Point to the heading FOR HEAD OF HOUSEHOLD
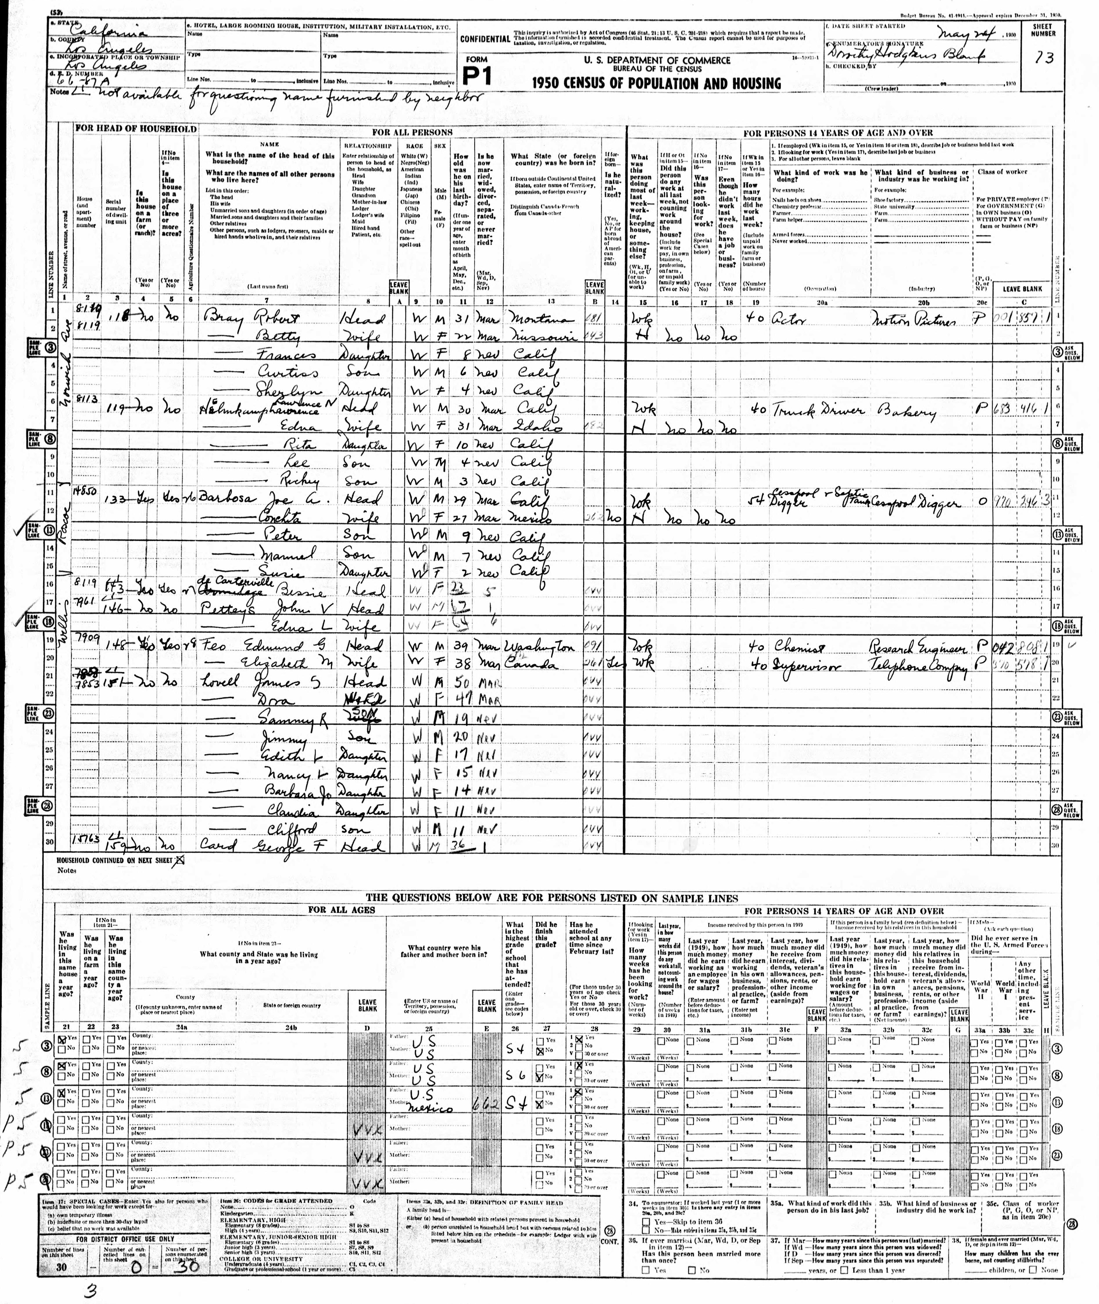click(x=136, y=129)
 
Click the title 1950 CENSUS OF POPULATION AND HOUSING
click(x=656, y=83)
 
